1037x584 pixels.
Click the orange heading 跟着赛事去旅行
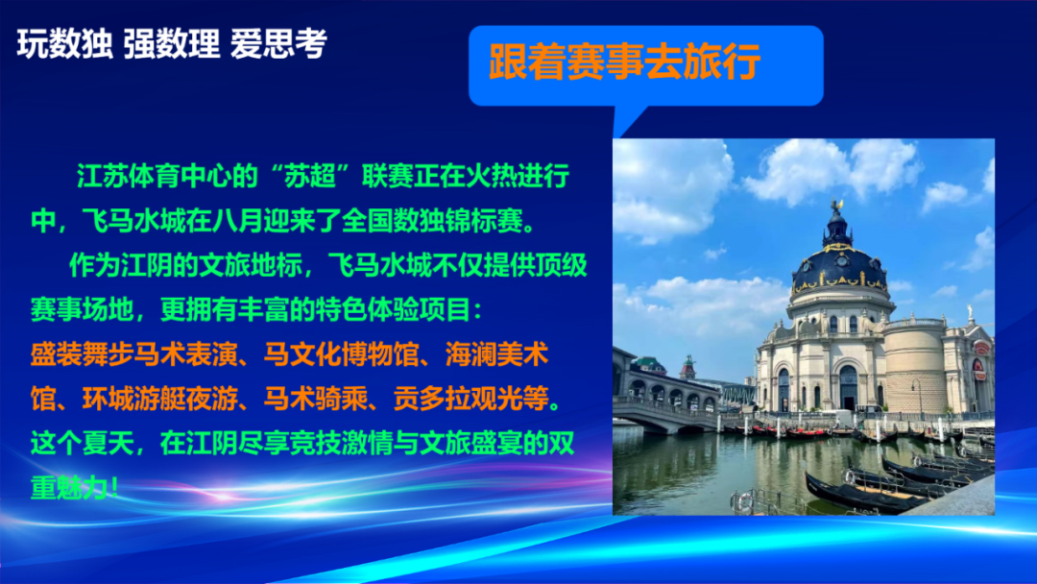coord(625,62)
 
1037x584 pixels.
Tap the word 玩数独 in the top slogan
coord(65,44)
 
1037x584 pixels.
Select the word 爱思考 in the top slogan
coord(279,44)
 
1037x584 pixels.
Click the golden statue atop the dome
coord(838,205)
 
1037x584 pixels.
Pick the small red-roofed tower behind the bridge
coord(687,368)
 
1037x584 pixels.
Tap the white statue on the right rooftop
coord(970,311)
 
